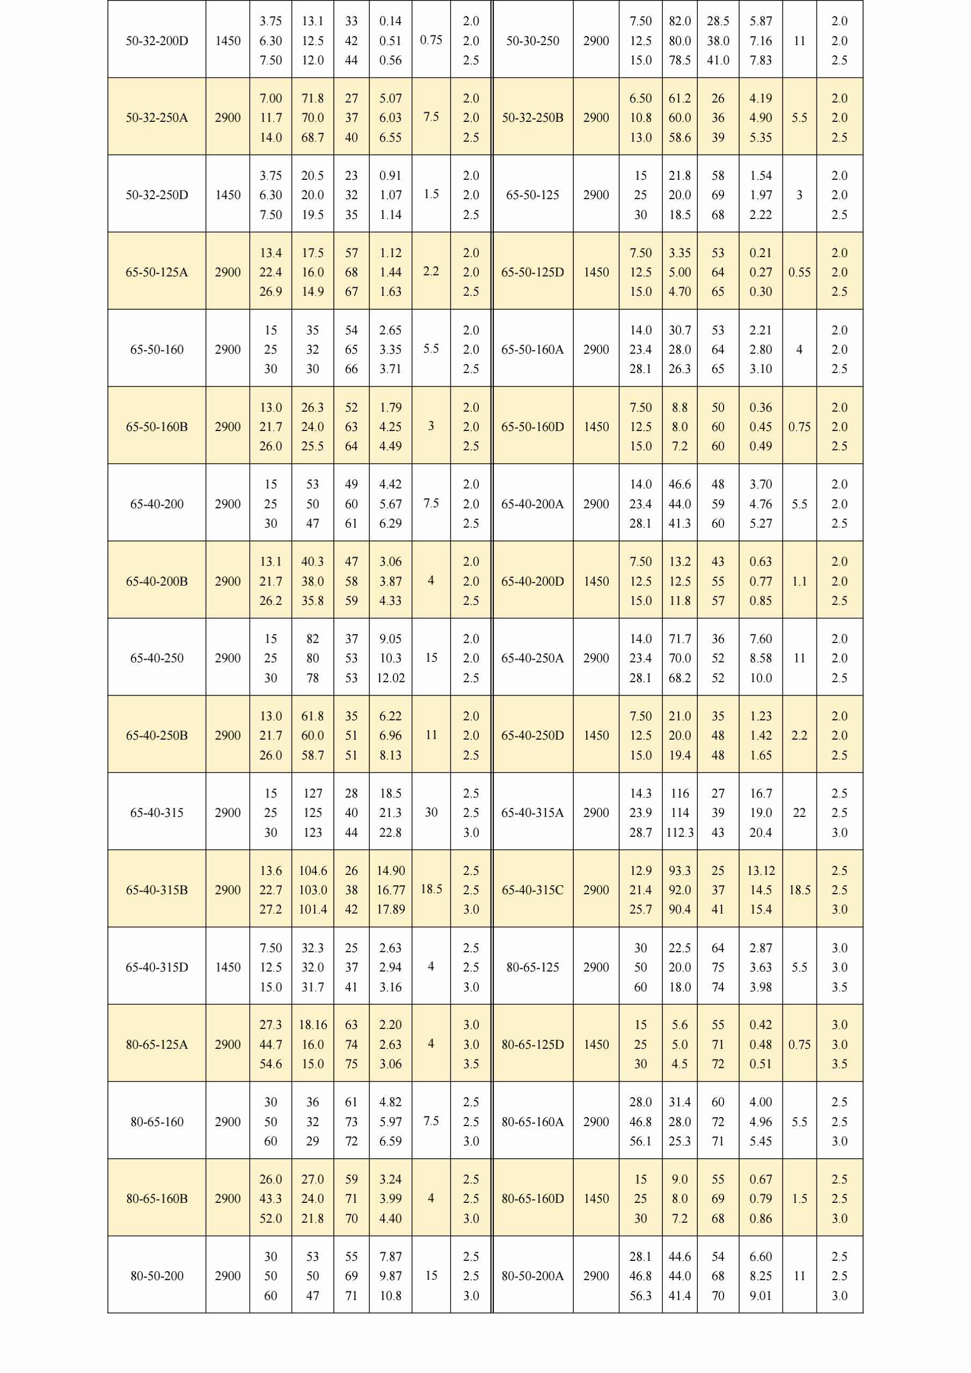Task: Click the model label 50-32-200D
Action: point(157,41)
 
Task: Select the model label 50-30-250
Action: point(532,41)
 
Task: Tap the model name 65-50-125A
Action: point(157,272)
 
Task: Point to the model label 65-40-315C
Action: point(532,890)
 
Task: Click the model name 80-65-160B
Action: point(157,1199)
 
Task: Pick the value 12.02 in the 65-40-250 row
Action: point(390,677)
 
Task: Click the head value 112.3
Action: point(680,832)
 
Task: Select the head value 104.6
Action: point(313,871)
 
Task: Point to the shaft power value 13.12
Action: point(761,871)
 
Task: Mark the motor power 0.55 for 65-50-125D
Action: point(799,272)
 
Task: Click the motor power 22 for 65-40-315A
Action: point(799,813)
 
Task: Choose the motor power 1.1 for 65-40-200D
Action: point(799,581)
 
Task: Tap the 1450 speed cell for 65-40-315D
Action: point(228,967)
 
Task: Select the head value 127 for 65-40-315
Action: point(313,793)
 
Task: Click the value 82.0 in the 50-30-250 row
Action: point(680,21)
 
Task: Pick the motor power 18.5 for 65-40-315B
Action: point(431,889)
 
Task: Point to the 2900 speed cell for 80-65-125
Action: point(596,967)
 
